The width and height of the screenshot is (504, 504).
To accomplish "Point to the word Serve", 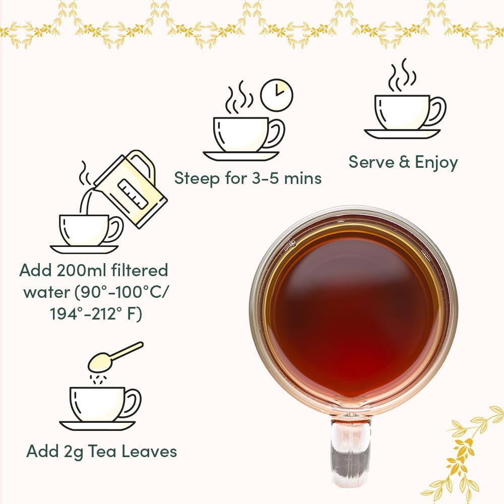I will click(373, 162).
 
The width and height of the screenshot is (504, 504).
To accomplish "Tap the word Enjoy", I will click(436, 163).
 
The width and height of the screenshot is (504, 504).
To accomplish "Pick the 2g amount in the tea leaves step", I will click(74, 451).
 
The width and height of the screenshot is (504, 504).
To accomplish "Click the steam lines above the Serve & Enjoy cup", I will click(401, 76).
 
